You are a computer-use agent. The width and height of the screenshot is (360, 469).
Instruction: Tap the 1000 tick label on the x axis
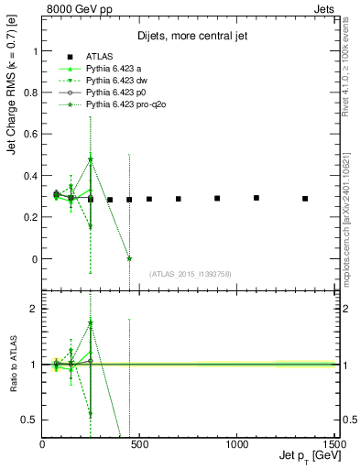tap(236, 444)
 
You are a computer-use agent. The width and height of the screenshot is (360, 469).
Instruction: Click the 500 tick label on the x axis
tap(139, 444)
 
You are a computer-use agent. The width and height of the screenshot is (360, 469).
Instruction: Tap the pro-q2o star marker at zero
tap(129, 259)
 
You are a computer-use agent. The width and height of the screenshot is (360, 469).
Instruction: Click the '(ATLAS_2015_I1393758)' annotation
tap(191, 274)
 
